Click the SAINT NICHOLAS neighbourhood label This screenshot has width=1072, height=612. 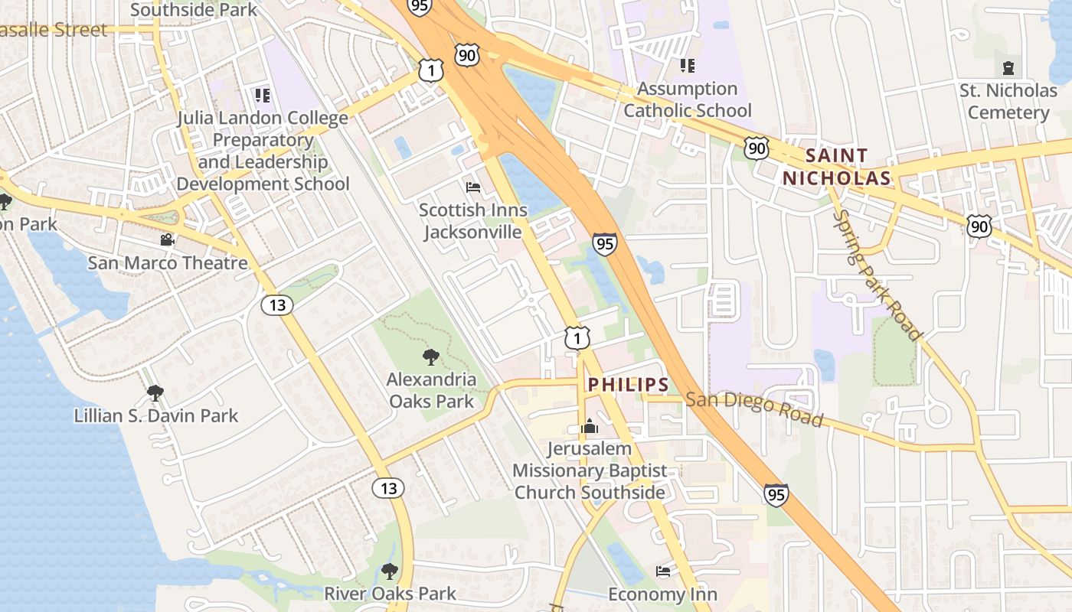(x=837, y=167)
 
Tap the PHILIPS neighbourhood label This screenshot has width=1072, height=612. (x=628, y=385)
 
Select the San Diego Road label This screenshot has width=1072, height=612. (x=753, y=409)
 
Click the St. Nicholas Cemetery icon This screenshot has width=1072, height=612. (x=1008, y=68)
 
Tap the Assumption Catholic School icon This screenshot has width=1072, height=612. (x=687, y=66)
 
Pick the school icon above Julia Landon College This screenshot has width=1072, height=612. (x=263, y=96)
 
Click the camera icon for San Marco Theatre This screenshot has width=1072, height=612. (x=167, y=240)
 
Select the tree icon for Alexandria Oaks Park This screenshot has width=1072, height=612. (x=431, y=357)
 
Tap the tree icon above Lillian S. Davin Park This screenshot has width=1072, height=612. (x=155, y=393)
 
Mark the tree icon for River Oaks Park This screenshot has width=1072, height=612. (x=390, y=571)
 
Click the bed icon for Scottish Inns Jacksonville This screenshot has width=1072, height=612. (x=473, y=187)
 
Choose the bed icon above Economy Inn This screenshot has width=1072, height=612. (x=663, y=571)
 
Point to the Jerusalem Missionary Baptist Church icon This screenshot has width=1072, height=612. (x=589, y=427)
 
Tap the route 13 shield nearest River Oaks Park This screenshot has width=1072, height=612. (x=389, y=487)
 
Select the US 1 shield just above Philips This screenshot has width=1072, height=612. (x=577, y=337)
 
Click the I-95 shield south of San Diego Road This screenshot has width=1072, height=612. (x=776, y=494)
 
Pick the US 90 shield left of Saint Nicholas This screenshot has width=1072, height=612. (x=757, y=148)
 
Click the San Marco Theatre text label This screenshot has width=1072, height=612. (x=168, y=263)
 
